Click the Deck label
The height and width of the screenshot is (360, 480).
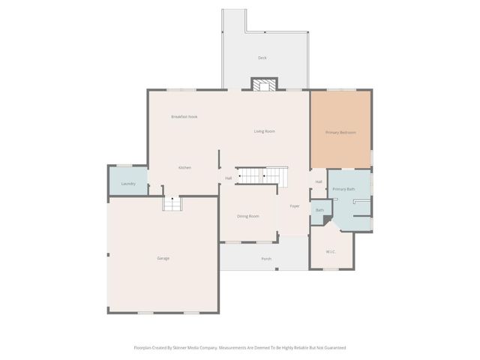click(x=262, y=58)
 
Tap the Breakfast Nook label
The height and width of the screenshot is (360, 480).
click(x=184, y=116)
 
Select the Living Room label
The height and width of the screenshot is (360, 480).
click(x=264, y=131)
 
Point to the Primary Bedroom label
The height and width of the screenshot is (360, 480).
click(x=340, y=133)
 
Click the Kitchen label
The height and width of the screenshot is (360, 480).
click(x=184, y=167)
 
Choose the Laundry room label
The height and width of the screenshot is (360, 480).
click(x=128, y=184)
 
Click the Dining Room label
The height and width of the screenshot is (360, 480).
click(x=248, y=216)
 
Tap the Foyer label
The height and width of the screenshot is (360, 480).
click(x=295, y=205)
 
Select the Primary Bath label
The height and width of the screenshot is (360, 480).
click(x=343, y=189)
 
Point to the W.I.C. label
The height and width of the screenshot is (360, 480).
click(x=331, y=251)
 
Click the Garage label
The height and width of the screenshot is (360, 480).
click(x=163, y=258)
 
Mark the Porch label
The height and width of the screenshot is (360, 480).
click(x=266, y=259)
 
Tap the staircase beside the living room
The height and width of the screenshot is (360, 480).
click(x=263, y=175)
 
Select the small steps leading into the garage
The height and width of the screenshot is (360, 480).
click(x=172, y=203)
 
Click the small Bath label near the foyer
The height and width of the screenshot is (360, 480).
click(x=319, y=210)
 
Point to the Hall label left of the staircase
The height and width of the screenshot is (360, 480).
click(x=228, y=178)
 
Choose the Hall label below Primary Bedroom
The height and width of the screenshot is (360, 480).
click(x=319, y=181)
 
